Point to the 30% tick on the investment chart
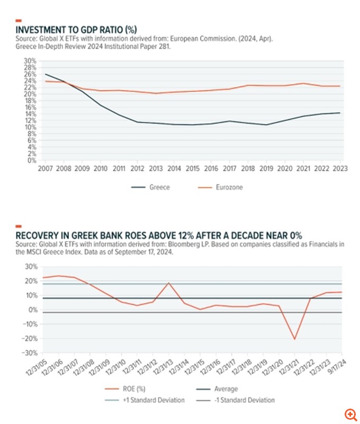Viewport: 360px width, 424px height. (30, 61)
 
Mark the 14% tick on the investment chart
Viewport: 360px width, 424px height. (30, 114)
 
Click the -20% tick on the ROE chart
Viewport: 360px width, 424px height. (29, 339)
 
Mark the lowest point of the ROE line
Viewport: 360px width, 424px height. (294, 339)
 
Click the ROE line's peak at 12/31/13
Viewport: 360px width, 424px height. (169, 283)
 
